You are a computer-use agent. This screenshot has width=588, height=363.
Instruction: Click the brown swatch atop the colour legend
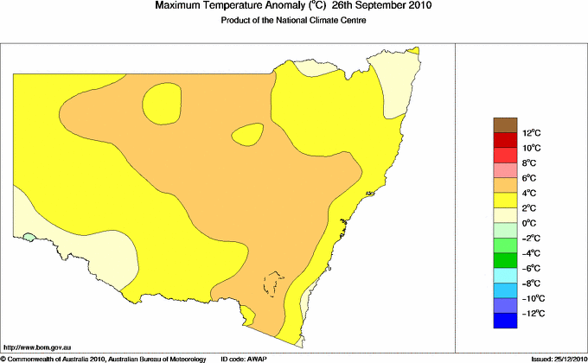[506, 124]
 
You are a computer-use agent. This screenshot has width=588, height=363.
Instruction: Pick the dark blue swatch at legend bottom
[506, 321]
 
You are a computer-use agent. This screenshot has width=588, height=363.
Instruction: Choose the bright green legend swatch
[506, 260]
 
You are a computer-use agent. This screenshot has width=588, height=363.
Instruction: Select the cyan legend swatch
[506, 276]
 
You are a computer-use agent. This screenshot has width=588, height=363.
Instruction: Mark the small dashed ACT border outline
[274, 283]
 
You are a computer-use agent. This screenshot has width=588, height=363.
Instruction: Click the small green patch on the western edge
[29, 235]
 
